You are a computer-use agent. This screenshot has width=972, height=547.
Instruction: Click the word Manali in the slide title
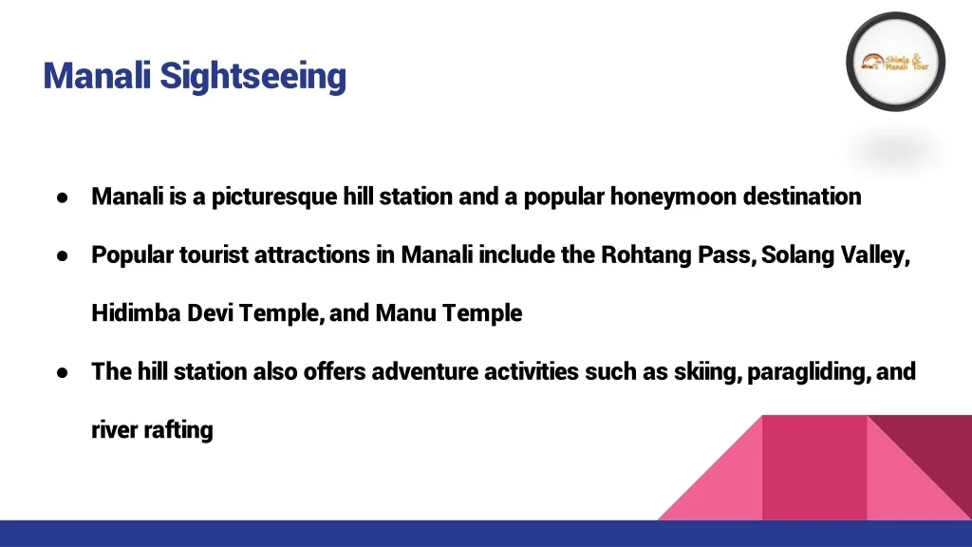[x=98, y=76]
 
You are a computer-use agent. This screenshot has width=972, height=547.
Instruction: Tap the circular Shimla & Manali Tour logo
[x=895, y=63]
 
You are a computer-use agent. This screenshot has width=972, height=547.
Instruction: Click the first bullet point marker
[x=62, y=198]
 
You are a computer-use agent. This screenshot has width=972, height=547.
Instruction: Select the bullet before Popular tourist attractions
[x=62, y=256]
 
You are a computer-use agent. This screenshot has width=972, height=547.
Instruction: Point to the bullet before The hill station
[x=62, y=372]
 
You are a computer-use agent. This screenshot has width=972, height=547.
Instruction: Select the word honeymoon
[x=673, y=198]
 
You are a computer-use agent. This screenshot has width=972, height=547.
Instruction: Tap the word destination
[x=802, y=198]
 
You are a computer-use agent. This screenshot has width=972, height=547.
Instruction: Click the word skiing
[x=707, y=372]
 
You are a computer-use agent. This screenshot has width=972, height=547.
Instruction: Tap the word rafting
[x=178, y=430]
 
